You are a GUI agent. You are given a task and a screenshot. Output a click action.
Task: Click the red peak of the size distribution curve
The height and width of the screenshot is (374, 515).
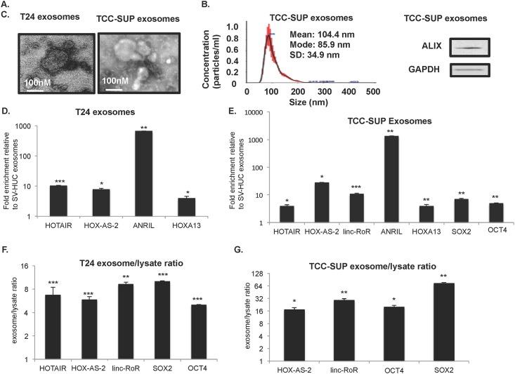pos(268,32)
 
